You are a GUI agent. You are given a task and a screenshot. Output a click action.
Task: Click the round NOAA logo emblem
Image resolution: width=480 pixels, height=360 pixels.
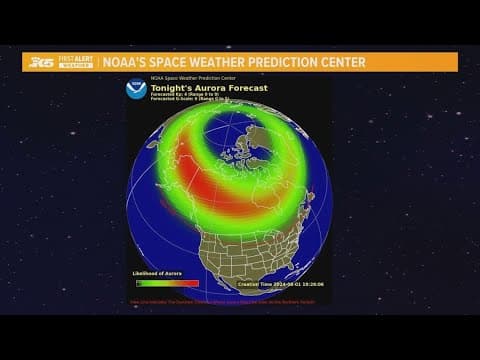coord(137,89)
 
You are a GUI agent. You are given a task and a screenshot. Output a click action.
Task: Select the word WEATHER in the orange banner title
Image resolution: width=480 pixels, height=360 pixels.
coord(225,62)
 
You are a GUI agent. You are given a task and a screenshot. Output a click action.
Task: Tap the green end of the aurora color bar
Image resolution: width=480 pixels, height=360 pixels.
coord(138,282)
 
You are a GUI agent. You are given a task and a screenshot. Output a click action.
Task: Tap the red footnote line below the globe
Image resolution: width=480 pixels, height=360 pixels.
coord(228,299)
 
